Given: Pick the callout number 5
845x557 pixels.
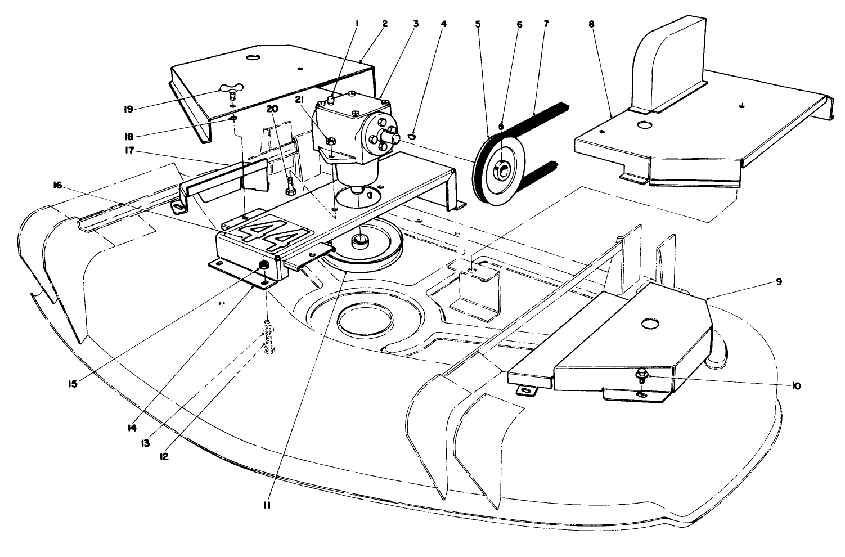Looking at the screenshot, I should click(x=478, y=24).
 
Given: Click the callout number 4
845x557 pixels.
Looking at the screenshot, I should click(x=444, y=24).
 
